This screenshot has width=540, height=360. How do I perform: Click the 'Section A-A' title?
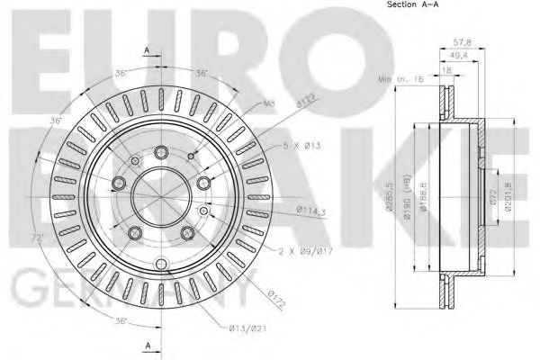[389, 6]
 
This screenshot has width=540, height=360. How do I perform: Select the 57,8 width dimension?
[461, 42]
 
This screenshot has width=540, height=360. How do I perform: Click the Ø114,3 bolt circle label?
[311, 211]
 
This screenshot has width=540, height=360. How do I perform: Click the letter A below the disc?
[145, 345]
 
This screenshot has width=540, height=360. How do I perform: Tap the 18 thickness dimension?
[447, 68]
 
